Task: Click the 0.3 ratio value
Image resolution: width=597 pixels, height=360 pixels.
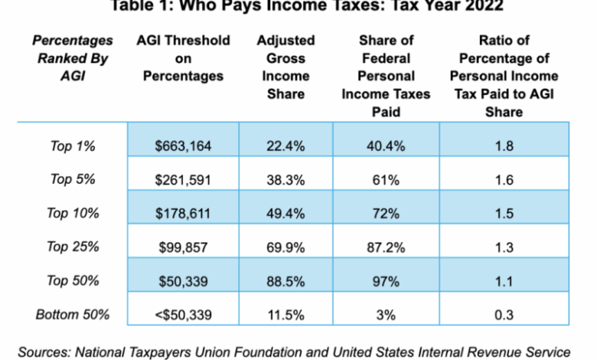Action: (504, 315)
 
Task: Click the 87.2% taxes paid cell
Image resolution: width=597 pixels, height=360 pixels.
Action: (386, 247)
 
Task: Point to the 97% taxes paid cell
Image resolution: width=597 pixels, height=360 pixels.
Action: (386, 280)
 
